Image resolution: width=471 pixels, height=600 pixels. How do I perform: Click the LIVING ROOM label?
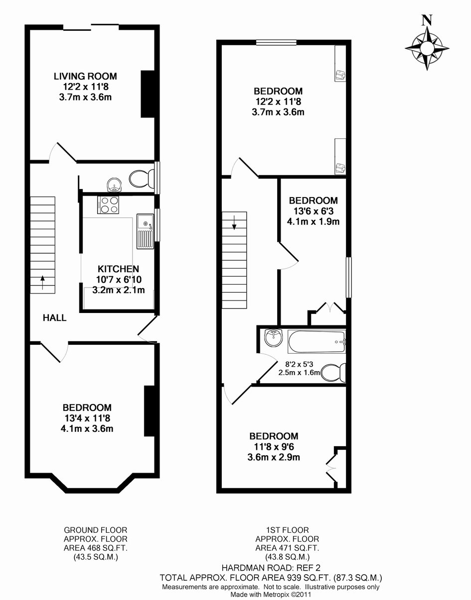click(x=85, y=76)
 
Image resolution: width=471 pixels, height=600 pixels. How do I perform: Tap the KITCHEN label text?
click(x=118, y=269)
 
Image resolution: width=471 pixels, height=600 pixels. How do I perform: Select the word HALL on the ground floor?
click(x=54, y=318)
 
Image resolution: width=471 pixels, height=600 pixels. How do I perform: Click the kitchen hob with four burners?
click(x=108, y=204)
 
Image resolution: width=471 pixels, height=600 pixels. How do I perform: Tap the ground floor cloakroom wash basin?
click(x=114, y=185)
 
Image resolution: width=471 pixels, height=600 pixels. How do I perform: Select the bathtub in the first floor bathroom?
click(x=316, y=342)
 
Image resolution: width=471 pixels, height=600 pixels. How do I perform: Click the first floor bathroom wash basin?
click(x=273, y=337)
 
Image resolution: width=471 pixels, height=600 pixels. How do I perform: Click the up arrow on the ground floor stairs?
click(x=42, y=282)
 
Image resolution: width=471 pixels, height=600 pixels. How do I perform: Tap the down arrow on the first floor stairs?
click(x=234, y=222)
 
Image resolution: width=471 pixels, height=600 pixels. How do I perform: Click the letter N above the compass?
click(x=427, y=20)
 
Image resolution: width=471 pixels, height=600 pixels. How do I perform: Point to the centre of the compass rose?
click(x=427, y=48)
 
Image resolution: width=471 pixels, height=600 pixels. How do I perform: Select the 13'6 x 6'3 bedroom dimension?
click(x=314, y=211)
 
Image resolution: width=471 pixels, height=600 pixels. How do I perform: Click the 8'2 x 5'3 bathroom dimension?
click(x=300, y=364)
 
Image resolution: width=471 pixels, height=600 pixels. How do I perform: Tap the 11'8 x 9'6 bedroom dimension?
click(x=274, y=446)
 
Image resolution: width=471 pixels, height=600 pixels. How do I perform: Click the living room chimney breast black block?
click(x=148, y=94)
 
